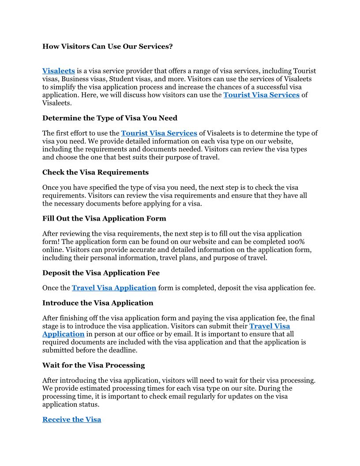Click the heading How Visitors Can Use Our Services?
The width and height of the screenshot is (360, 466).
pos(108,46)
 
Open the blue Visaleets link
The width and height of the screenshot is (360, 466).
pos(58,71)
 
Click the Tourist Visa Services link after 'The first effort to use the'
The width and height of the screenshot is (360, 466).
pos(159,133)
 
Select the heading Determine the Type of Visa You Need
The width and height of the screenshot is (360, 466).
pos(110,118)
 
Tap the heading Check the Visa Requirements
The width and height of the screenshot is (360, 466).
pos(95,172)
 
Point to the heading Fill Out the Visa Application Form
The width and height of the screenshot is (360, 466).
pos(104,218)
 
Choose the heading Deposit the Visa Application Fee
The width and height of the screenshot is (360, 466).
pos(101,273)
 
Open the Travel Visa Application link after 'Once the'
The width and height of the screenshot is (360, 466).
pos(114,288)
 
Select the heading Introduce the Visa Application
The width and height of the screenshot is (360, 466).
pos(98,303)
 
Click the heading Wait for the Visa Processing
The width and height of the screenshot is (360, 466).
pos(94,365)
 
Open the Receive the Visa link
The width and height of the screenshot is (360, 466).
pos(72,420)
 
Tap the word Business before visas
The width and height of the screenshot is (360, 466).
pos(73,79)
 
